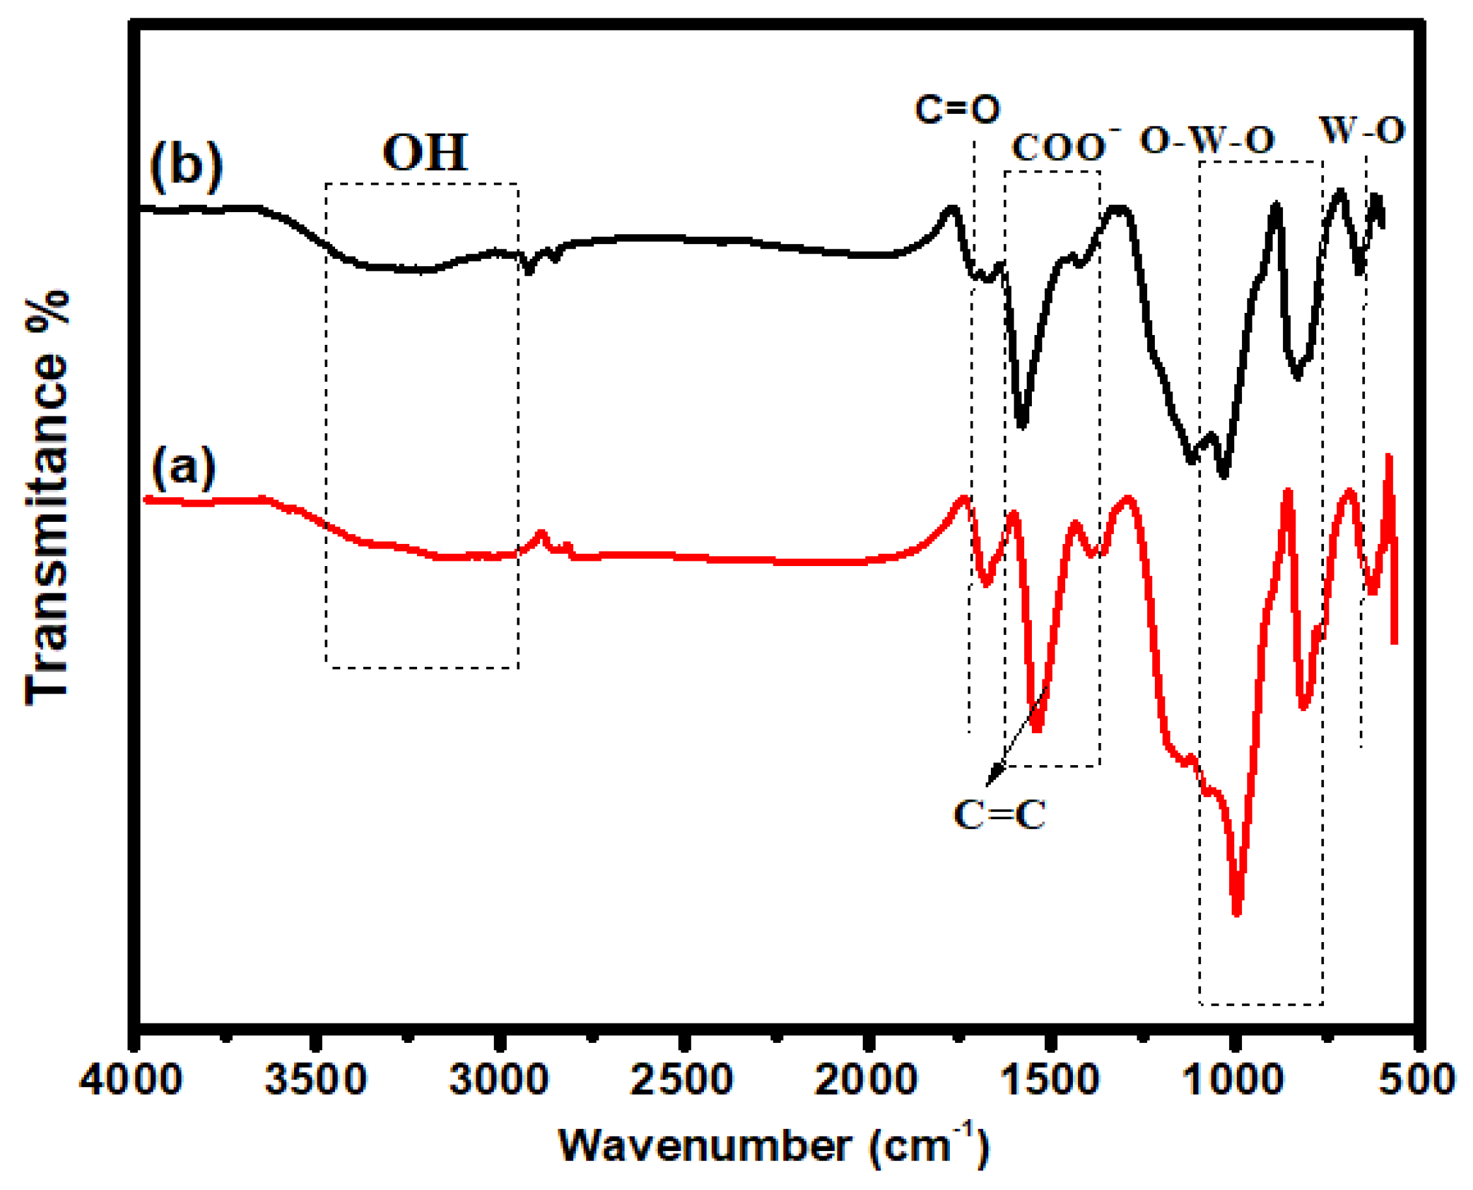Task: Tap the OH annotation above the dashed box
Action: point(425,152)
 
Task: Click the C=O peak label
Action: point(958,110)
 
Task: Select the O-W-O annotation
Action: point(1207,141)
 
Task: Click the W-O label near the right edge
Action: point(1362,129)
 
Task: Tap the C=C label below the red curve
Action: point(999,816)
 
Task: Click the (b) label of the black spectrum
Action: point(187,167)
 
